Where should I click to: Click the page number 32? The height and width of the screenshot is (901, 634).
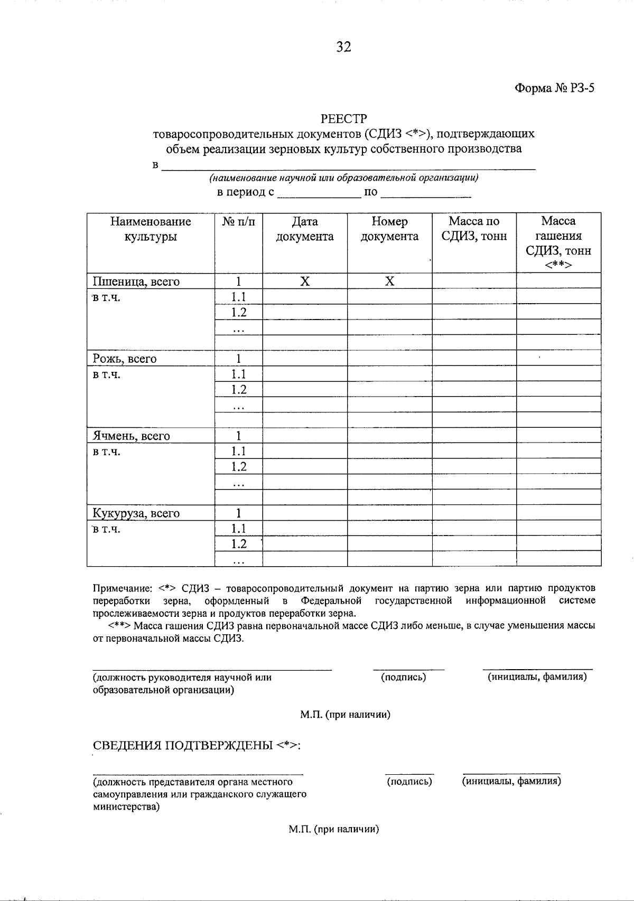tap(343, 48)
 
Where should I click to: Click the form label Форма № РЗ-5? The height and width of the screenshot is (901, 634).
tap(555, 88)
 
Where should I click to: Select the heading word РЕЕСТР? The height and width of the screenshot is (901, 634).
tap(343, 119)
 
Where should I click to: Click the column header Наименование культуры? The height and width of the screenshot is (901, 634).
tap(151, 229)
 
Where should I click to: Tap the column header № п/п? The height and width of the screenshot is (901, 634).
tap(238, 222)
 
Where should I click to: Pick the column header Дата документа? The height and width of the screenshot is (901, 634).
tap(305, 229)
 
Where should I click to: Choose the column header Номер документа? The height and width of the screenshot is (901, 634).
tap(389, 229)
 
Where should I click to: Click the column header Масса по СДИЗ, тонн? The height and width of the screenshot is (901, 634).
tap(474, 229)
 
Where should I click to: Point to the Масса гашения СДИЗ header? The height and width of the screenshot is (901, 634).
tap(558, 243)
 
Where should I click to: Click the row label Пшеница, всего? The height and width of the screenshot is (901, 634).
tap(136, 281)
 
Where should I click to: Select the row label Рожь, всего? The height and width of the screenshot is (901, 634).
tap(125, 359)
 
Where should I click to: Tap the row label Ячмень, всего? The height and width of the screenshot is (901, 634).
tap(132, 436)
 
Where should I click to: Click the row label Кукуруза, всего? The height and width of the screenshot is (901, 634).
tap(136, 513)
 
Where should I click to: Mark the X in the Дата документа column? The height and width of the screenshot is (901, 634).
tap(305, 281)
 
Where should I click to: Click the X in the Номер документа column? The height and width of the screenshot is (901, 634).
tap(389, 281)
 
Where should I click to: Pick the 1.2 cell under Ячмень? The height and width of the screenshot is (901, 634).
tap(239, 467)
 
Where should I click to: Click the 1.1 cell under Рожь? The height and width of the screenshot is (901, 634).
tap(239, 374)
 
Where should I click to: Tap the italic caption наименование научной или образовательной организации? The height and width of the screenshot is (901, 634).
tap(344, 178)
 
